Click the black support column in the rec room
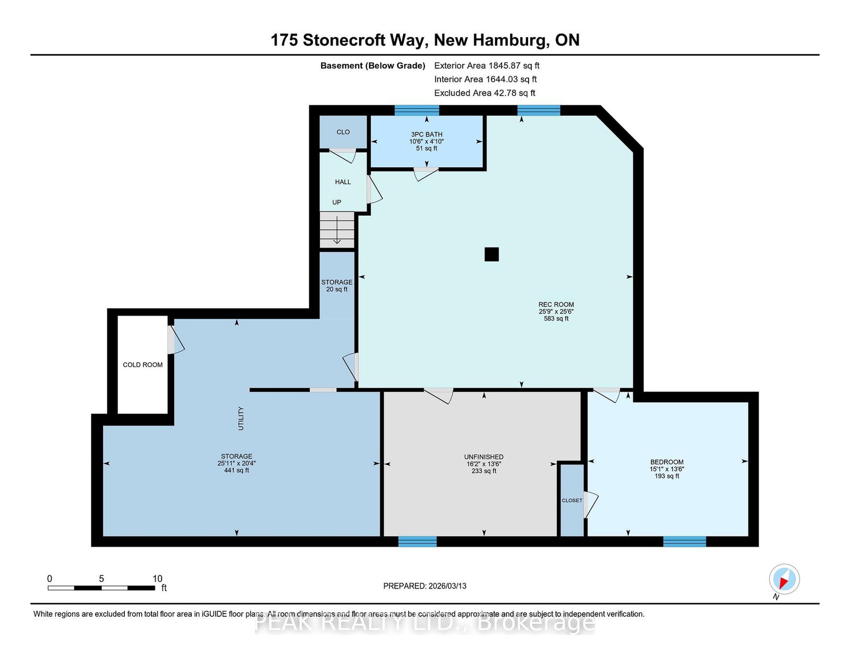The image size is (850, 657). coord(491,254)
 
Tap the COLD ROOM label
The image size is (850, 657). coord(142,365)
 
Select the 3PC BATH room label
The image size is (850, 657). coord(427,134)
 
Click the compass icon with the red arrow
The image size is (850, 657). coord(784,579)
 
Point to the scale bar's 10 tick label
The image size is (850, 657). coord(157,578)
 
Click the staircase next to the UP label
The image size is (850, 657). coord(337,229)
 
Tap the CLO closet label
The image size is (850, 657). coord(343,132)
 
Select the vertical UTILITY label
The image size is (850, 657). coord(241,419)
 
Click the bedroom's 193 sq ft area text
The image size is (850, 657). coord(667,476)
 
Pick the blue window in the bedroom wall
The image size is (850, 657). coord(685,541)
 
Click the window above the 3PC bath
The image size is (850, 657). coord(416,110)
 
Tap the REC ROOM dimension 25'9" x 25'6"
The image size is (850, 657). coord(556,312)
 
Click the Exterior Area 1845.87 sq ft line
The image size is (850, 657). coord(487,66)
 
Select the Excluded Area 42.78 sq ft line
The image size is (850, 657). coord(484,93)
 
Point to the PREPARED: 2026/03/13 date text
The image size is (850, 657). coord(425,586)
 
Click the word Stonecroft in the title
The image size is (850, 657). coord(344,40)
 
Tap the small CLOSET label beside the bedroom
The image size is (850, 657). coord(572,500)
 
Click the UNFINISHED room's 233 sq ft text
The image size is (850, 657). coord(484,471)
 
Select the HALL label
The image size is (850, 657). coord(343,182)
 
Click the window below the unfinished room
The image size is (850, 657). coord(418,541)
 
